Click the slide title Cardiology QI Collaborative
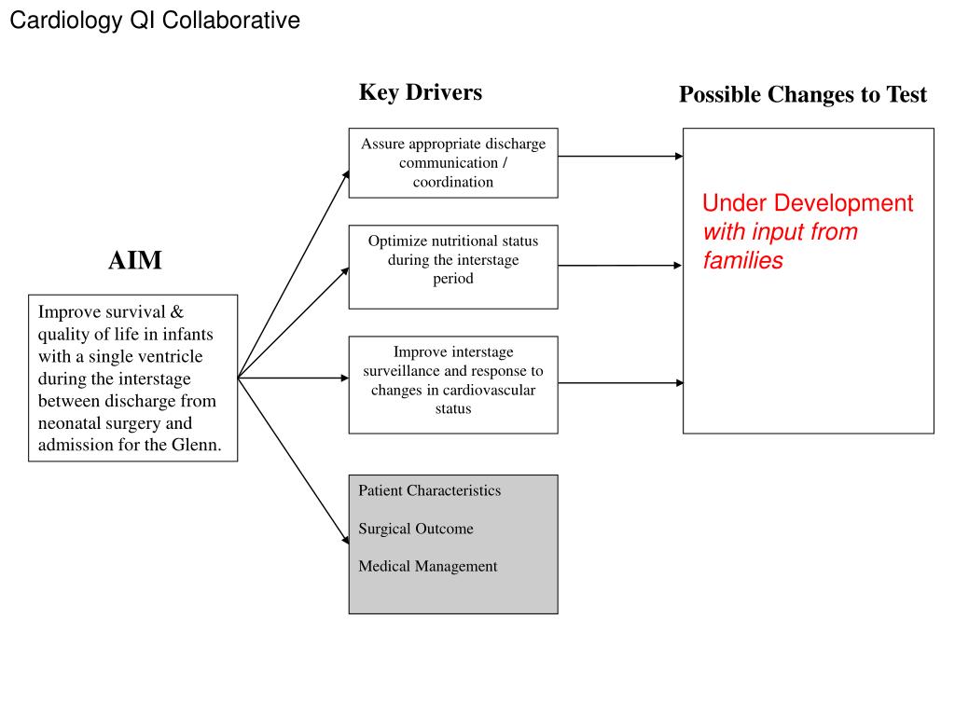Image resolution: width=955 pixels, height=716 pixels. (x=155, y=21)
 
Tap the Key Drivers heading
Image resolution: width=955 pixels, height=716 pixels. (x=421, y=92)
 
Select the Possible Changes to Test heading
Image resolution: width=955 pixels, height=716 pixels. (x=803, y=94)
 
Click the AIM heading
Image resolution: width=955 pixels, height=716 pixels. (x=135, y=261)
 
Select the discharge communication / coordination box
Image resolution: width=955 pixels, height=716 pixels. (x=453, y=163)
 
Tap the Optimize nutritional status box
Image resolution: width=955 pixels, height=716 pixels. (x=453, y=267)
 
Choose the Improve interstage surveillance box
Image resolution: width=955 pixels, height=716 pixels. (x=453, y=385)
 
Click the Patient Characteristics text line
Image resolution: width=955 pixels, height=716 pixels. (x=430, y=490)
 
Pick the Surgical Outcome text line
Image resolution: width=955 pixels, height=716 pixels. (x=416, y=529)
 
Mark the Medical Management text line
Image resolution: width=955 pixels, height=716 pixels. (x=428, y=566)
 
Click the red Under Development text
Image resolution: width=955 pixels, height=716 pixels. (x=808, y=203)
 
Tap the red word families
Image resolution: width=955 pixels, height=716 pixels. (x=743, y=261)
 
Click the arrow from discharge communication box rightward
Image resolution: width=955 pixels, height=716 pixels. (x=620, y=157)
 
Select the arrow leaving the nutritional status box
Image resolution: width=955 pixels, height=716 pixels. (x=620, y=266)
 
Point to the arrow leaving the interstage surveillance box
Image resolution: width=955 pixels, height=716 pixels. (x=620, y=383)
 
